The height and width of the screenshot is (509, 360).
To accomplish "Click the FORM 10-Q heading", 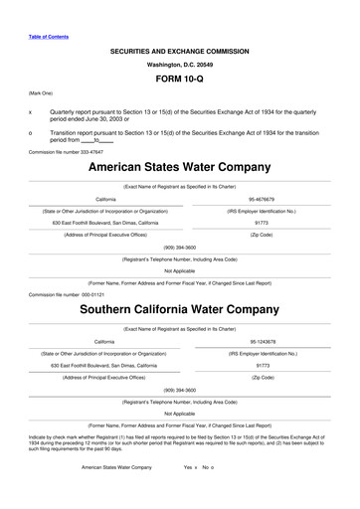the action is (x=180, y=78).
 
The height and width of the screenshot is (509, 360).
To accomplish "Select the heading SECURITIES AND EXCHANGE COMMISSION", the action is (x=180, y=49).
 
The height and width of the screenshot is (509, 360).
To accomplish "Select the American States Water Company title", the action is (x=180, y=168).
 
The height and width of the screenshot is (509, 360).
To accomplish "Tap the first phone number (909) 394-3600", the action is (x=180, y=246).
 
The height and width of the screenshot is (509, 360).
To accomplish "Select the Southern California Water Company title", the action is (x=180, y=310).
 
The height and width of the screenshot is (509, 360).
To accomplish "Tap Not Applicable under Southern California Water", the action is (x=180, y=413).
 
